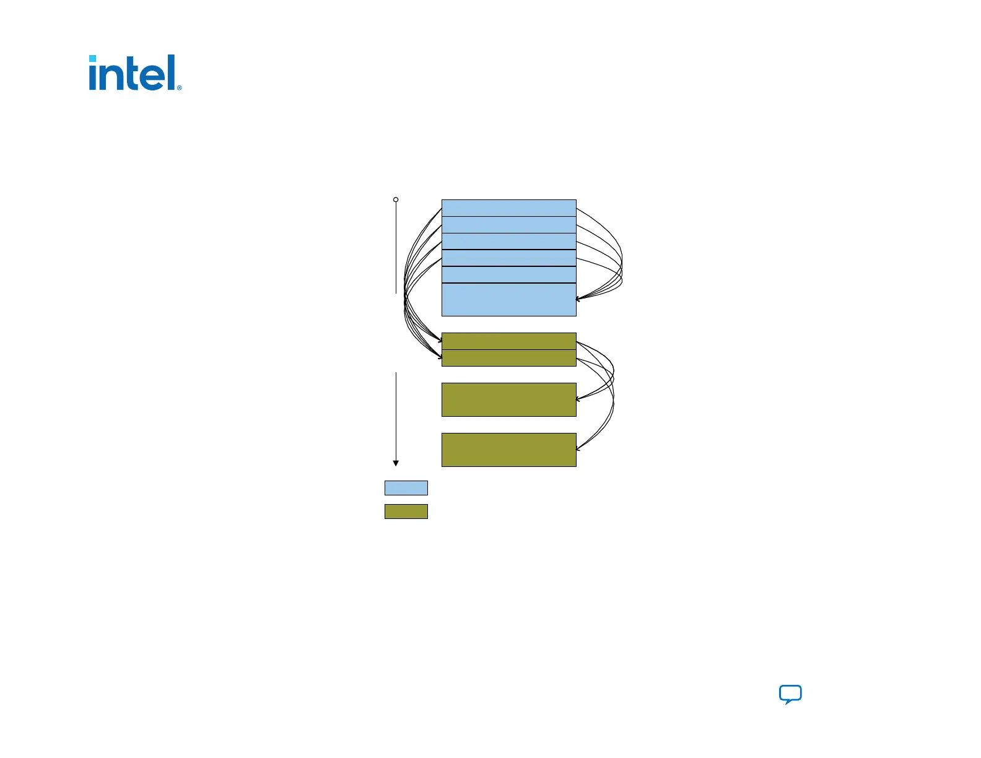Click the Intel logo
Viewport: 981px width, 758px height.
(134, 73)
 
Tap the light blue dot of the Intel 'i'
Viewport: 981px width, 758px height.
(92, 59)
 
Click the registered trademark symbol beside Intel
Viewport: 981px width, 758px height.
(179, 88)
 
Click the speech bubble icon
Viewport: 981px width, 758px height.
(790, 694)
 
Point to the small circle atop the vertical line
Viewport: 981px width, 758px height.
(396, 199)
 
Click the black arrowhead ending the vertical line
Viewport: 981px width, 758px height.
(396, 463)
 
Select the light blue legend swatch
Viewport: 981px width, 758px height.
(406, 488)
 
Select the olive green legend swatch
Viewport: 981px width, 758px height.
(406, 512)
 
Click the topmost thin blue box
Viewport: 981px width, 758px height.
(508, 208)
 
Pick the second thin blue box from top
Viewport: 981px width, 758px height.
(508, 225)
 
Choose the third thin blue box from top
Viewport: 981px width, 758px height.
(508, 242)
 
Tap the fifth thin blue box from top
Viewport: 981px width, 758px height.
(508, 275)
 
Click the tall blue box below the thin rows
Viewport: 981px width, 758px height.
(508, 300)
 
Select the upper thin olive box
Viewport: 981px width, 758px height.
(508, 341)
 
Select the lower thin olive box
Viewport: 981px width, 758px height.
(508, 358)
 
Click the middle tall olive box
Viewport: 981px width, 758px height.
(508, 399)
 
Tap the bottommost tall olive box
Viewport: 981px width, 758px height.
(508, 450)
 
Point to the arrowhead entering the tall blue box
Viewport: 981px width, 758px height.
(578, 299)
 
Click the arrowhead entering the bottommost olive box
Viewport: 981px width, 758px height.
(578, 448)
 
